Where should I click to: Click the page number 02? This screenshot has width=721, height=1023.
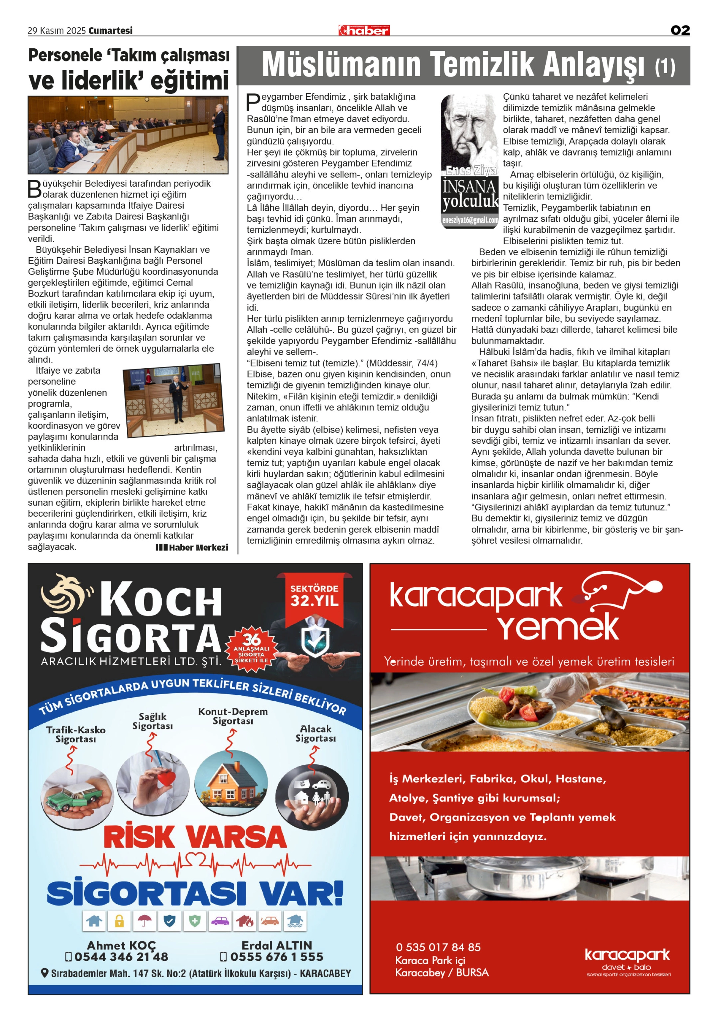coord(680,30)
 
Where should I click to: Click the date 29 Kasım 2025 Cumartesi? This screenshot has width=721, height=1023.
coord(80,31)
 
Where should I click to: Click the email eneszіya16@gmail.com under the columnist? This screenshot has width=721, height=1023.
coord(470,220)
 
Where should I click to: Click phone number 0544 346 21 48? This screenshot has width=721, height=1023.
coord(117,957)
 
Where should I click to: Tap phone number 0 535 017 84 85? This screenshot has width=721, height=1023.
coord(438,947)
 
